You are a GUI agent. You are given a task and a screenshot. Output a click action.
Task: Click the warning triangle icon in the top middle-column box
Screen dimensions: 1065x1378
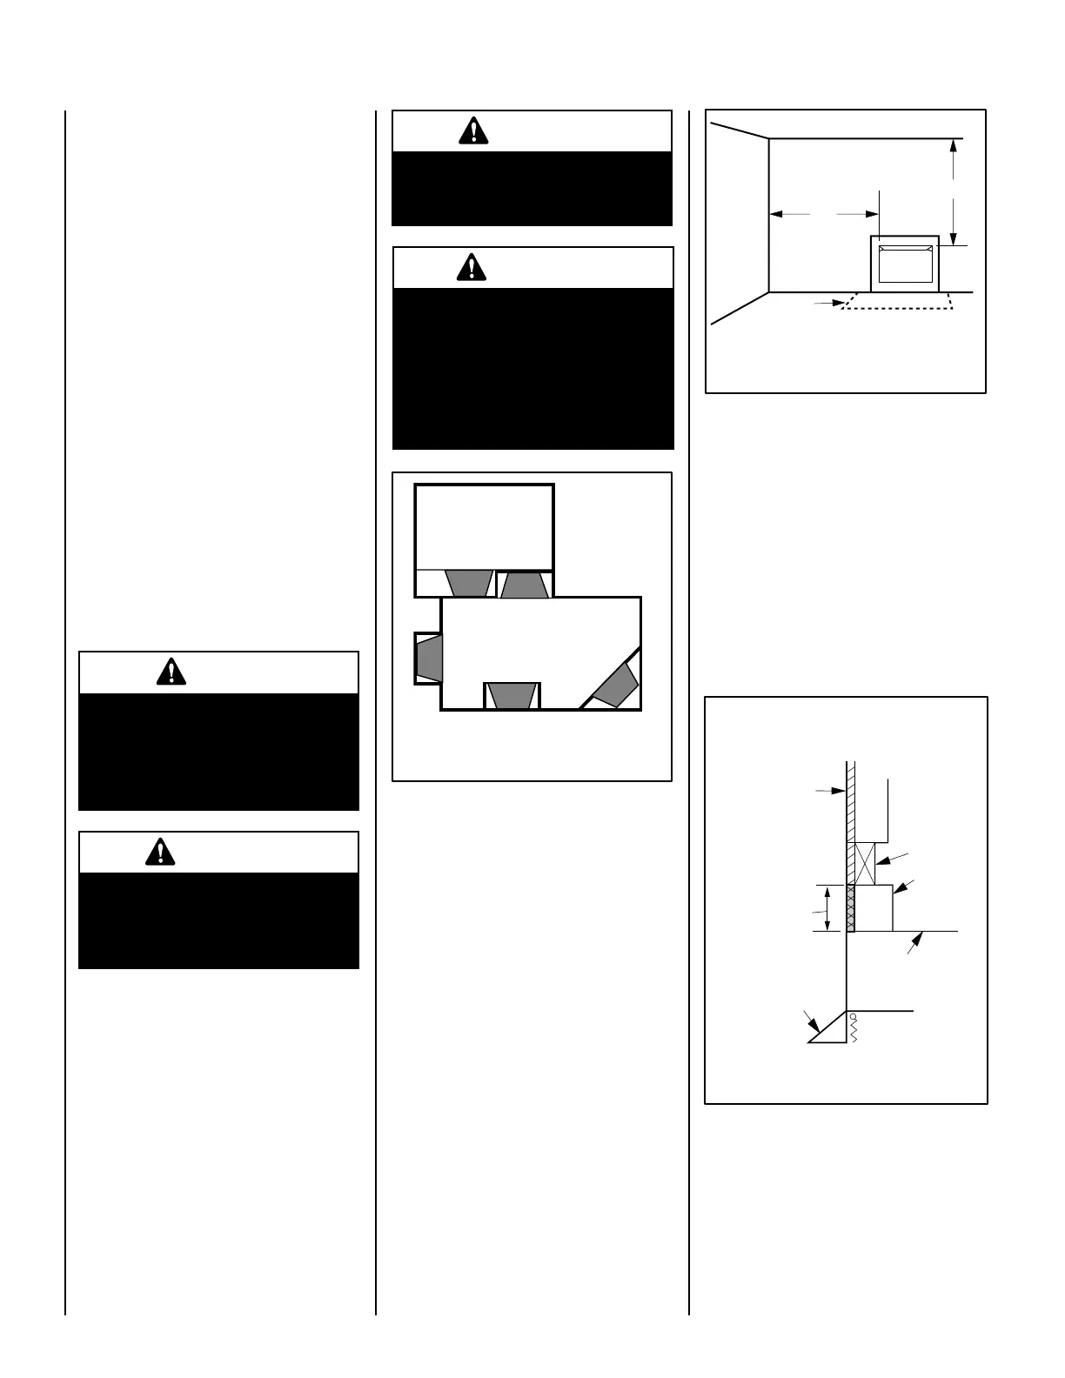pos(472,130)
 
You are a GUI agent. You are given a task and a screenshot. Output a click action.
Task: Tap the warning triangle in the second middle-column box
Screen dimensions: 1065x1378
pos(472,267)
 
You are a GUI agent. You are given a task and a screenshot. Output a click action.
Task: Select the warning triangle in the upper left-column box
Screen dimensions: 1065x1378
pos(172,672)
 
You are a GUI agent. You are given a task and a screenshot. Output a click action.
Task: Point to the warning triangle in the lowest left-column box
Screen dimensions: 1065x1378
pos(160,852)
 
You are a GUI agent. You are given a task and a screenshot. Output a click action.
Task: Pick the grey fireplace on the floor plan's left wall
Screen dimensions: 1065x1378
pos(429,657)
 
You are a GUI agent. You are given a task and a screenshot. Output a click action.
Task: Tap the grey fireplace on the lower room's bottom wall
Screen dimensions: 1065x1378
pos(512,696)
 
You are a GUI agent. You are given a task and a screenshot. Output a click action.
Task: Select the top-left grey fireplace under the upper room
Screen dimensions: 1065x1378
pos(469,583)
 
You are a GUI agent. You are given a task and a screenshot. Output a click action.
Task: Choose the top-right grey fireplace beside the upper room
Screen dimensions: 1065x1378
pos(525,585)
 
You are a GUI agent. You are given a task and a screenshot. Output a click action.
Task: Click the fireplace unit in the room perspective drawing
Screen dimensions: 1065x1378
pos(905,264)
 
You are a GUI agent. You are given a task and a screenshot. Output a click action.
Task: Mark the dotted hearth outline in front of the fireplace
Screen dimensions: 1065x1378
pos(896,302)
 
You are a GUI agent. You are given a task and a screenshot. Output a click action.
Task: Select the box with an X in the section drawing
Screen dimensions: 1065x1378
pos(865,863)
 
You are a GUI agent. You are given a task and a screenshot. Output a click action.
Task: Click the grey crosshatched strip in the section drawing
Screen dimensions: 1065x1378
pos(850,908)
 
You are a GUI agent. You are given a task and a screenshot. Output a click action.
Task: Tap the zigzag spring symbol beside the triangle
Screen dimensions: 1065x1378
pos(854,1027)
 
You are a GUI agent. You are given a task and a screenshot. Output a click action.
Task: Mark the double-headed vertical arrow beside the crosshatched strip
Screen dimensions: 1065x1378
pos(827,908)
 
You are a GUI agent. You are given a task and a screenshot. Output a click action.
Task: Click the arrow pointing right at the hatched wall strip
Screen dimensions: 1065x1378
pos(831,791)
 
